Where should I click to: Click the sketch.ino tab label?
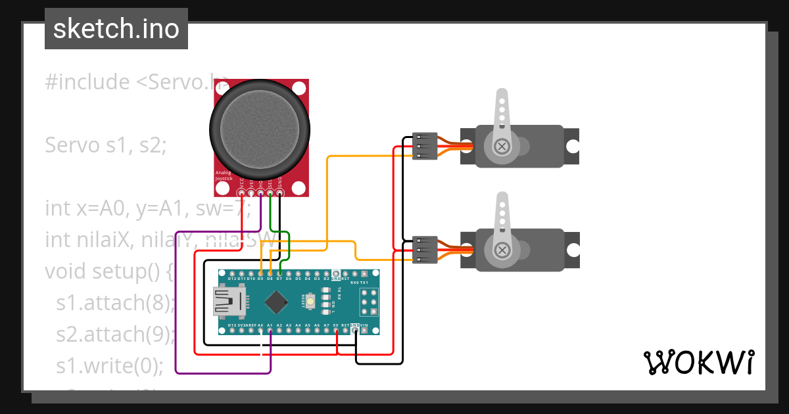116,29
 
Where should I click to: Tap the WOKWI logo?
698,362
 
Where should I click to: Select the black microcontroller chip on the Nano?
277,302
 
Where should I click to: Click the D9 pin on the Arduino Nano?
261,273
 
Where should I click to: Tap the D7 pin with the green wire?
279,273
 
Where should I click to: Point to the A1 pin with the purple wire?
270,331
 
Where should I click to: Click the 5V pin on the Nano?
337,331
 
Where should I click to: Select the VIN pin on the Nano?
365,331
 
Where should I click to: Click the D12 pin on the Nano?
232,273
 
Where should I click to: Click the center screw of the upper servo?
502,146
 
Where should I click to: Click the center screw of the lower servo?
502,250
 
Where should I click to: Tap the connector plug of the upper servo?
425,146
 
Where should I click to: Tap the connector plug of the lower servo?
425,250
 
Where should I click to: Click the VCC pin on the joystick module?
241,193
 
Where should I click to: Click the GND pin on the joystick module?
280,193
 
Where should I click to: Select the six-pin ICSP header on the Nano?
368,302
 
